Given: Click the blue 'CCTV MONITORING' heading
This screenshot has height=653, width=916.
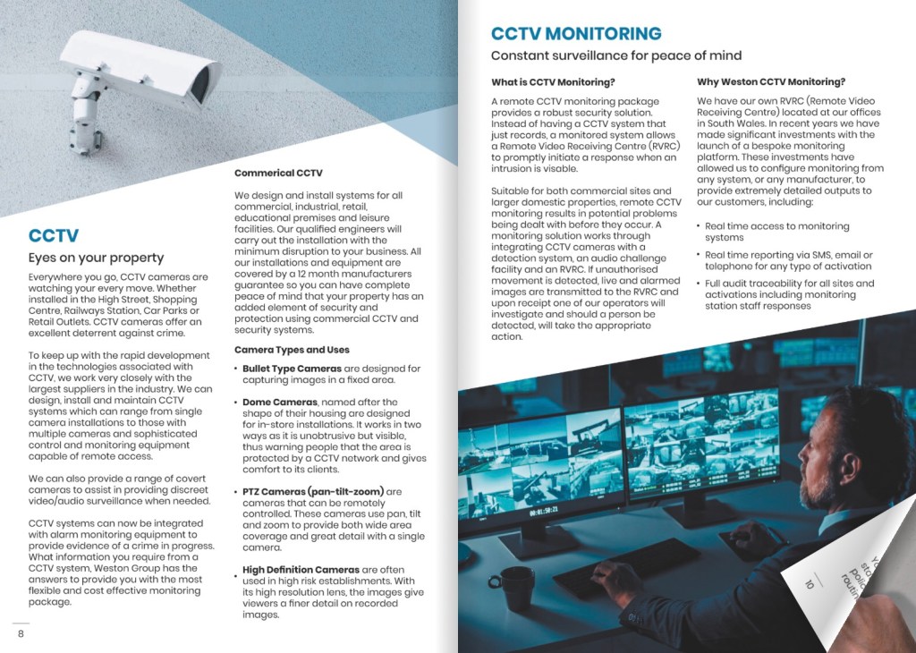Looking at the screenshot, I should [576, 34].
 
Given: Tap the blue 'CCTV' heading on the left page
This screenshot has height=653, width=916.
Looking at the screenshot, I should [54, 236].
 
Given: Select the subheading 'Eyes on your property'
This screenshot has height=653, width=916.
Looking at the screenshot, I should [96, 258].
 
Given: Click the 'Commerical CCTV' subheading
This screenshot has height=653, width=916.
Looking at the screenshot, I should [278, 173].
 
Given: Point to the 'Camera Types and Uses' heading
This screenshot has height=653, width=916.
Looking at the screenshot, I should [292, 350].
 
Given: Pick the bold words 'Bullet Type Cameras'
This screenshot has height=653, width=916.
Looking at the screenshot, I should [292, 369].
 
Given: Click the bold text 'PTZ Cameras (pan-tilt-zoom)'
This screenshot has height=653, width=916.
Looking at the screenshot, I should [313, 492].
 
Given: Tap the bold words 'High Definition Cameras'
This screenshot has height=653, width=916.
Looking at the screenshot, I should [301, 570].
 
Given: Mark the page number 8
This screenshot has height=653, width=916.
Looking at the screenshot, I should [20, 633].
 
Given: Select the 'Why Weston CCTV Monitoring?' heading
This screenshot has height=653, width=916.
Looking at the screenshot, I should [770, 82].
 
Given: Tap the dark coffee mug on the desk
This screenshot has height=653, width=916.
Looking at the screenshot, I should [516, 586].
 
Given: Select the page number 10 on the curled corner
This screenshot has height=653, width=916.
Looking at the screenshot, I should [810, 584].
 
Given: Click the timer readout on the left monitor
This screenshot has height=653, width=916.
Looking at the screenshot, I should [545, 511].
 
